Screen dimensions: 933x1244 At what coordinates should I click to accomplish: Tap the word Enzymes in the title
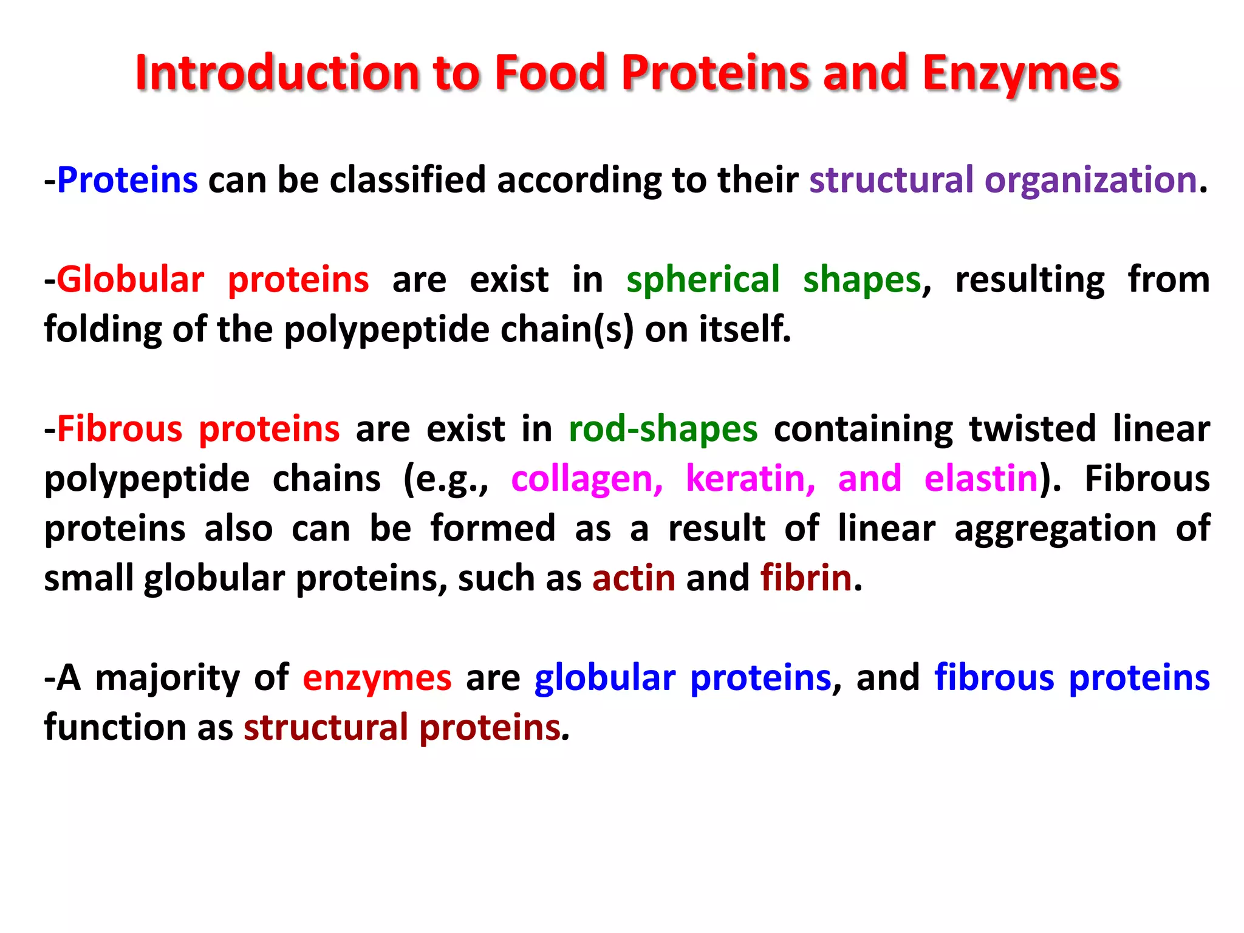(x=1020, y=74)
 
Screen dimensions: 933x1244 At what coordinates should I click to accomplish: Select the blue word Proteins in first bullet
(x=128, y=180)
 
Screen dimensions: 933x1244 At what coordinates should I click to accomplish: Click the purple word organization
(x=1090, y=180)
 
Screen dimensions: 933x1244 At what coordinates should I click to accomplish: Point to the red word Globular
(x=131, y=280)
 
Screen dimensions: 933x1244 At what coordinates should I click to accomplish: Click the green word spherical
(x=703, y=280)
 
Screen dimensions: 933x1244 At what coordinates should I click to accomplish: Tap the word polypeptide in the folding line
(x=386, y=330)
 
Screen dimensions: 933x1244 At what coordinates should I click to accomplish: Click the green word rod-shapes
(x=663, y=429)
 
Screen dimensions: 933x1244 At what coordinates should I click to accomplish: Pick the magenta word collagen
(x=587, y=479)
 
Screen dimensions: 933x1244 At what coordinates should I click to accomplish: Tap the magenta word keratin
(x=750, y=479)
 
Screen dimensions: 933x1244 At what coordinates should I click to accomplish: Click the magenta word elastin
(x=981, y=479)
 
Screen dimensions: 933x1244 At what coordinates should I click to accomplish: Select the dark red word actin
(x=634, y=578)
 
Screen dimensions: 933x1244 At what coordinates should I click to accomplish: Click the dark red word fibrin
(x=806, y=578)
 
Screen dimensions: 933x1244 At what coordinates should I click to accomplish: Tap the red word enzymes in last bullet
(x=377, y=678)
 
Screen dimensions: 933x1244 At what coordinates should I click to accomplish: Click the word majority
(x=168, y=678)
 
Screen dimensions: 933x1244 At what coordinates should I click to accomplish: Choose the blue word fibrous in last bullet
(x=994, y=678)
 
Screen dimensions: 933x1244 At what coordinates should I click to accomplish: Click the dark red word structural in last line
(x=326, y=728)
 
